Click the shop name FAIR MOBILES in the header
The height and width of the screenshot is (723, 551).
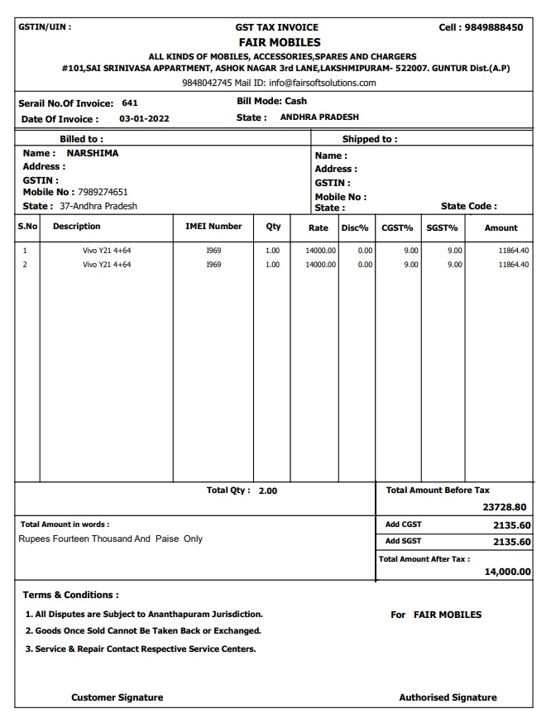point(279,42)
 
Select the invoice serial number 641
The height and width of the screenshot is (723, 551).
point(129,103)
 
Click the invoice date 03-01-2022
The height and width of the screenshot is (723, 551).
point(144,119)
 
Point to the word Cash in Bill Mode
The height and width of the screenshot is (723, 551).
point(295,101)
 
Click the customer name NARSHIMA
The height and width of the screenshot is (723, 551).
point(92,153)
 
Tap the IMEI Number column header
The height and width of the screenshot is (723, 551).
point(213,226)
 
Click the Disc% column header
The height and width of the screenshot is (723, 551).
point(354,227)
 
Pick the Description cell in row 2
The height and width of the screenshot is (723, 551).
point(107,265)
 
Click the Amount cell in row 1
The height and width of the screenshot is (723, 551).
point(513,250)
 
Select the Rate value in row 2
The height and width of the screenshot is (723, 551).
point(320,265)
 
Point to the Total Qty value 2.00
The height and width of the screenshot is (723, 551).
point(268,491)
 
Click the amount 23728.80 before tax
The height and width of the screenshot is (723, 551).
point(504,508)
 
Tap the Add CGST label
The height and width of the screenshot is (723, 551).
point(403,524)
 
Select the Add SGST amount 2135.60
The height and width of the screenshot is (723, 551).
point(511,542)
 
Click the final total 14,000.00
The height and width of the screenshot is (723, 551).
point(507,572)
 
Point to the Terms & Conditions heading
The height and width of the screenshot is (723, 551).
point(70,595)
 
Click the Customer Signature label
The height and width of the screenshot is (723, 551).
point(117,697)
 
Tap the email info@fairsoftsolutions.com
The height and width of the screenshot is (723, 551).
point(322,83)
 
